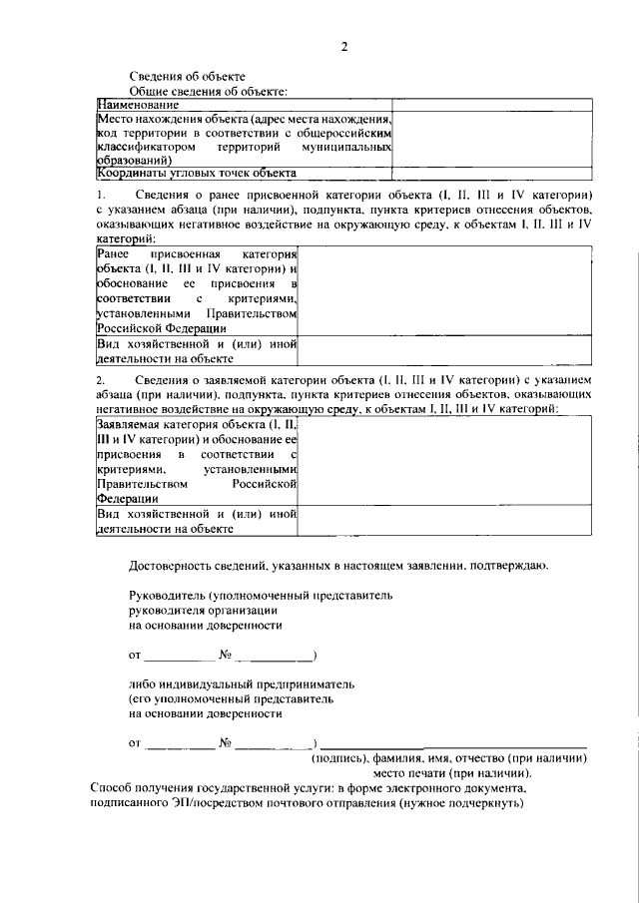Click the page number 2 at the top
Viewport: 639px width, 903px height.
pos(342,46)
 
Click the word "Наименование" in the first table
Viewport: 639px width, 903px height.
pos(138,105)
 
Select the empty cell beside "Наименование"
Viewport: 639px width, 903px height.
pos(491,105)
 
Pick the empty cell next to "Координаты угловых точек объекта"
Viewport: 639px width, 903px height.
pos(491,172)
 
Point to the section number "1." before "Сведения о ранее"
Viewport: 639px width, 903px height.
pos(100,193)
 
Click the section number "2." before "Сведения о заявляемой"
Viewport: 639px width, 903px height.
pos(100,380)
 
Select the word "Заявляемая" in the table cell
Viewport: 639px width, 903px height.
pos(132,424)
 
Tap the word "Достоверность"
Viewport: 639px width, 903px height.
pos(171,566)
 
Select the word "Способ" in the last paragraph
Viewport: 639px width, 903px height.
pos(112,788)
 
